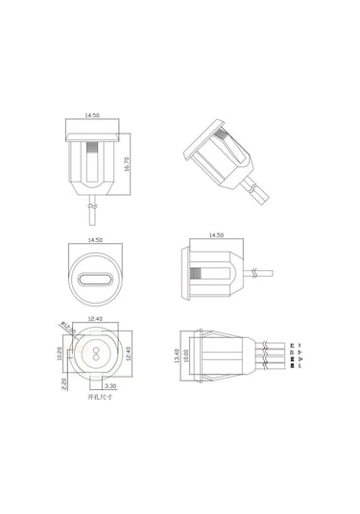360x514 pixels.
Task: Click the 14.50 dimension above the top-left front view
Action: click(93, 116)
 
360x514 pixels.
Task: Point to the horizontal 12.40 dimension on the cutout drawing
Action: click(94, 320)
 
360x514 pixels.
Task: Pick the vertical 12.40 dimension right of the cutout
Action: click(128, 355)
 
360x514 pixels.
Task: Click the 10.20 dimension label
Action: click(60, 353)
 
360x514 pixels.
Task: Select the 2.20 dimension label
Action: click(60, 381)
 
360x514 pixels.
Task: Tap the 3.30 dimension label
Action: click(110, 385)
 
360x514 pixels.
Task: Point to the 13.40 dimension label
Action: click(176, 355)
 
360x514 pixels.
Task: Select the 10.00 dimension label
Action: click(186, 355)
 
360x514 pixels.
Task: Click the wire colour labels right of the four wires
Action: click(300, 355)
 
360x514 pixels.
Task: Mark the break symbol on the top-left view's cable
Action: click(93, 205)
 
